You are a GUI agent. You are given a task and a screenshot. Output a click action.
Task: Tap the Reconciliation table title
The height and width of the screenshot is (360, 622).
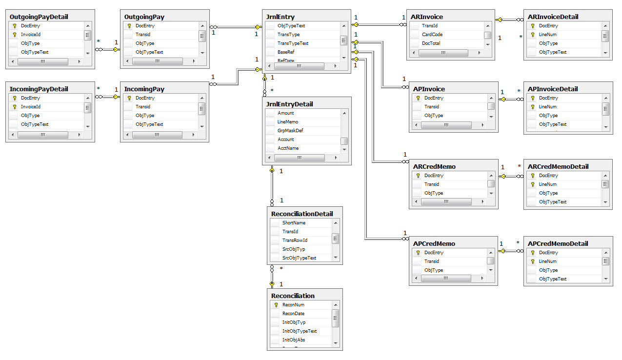coord(293,296)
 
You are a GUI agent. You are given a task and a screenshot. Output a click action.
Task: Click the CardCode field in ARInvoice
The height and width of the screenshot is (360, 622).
coord(432,35)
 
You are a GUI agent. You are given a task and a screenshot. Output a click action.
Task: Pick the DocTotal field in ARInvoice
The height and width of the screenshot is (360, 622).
coord(432,43)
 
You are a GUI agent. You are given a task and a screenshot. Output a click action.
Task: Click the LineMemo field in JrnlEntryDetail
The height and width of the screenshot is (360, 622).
coord(288,122)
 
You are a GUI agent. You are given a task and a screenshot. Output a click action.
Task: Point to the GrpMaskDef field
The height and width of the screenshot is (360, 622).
coord(291,131)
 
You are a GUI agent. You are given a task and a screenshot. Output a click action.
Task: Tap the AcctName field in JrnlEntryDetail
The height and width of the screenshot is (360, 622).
coord(288,148)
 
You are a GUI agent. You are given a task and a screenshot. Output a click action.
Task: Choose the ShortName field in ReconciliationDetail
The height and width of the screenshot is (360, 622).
coord(294,223)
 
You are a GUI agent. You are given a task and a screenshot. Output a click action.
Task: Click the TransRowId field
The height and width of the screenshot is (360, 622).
coord(295,240)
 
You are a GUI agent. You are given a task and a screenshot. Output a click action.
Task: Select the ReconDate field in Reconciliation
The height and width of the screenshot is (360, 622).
coord(293,314)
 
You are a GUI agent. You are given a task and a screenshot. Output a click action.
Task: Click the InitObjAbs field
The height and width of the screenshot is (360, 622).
coord(294,340)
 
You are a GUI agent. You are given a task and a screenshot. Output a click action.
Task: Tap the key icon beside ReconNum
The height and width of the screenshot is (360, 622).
coord(276,305)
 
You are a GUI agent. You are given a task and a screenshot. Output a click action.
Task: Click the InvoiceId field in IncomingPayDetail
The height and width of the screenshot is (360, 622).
coord(31,107)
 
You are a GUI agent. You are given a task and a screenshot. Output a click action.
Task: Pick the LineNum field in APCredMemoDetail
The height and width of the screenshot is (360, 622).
coord(548,261)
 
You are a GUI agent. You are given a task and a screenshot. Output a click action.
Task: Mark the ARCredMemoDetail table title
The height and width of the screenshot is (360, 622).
coord(558,167)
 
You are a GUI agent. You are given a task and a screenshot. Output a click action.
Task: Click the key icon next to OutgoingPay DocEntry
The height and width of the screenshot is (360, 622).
coord(129,26)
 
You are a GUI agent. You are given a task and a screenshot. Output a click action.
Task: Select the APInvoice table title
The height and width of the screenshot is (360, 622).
coord(429,89)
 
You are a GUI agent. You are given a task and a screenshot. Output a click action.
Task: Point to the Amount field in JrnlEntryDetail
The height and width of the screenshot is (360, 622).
coord(286,113)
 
